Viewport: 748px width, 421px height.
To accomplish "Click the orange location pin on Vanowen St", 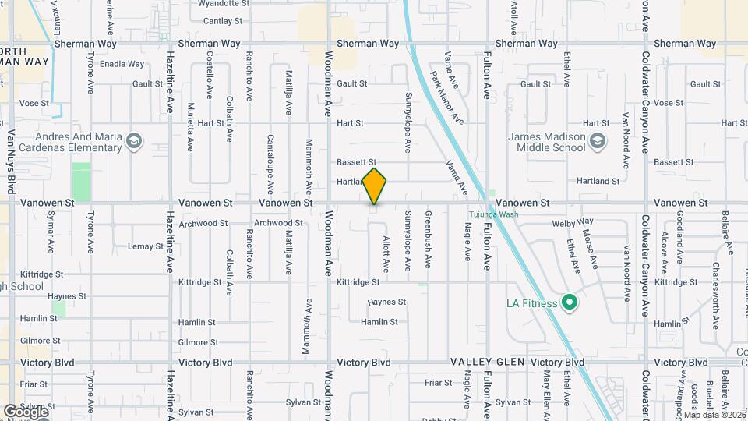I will tap(374, 186).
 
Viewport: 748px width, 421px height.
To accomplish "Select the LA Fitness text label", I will tap(532, 303).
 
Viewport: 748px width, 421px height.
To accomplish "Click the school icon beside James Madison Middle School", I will tap(598, 141).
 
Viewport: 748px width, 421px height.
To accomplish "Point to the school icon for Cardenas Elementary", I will tap(135, 141).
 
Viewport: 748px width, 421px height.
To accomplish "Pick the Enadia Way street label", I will tap(123, 64).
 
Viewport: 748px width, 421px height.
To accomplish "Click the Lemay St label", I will tap(146, 246).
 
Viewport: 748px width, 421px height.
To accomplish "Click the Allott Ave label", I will tap(386, 253).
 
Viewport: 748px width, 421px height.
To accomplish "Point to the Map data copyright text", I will tap(714, 415).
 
